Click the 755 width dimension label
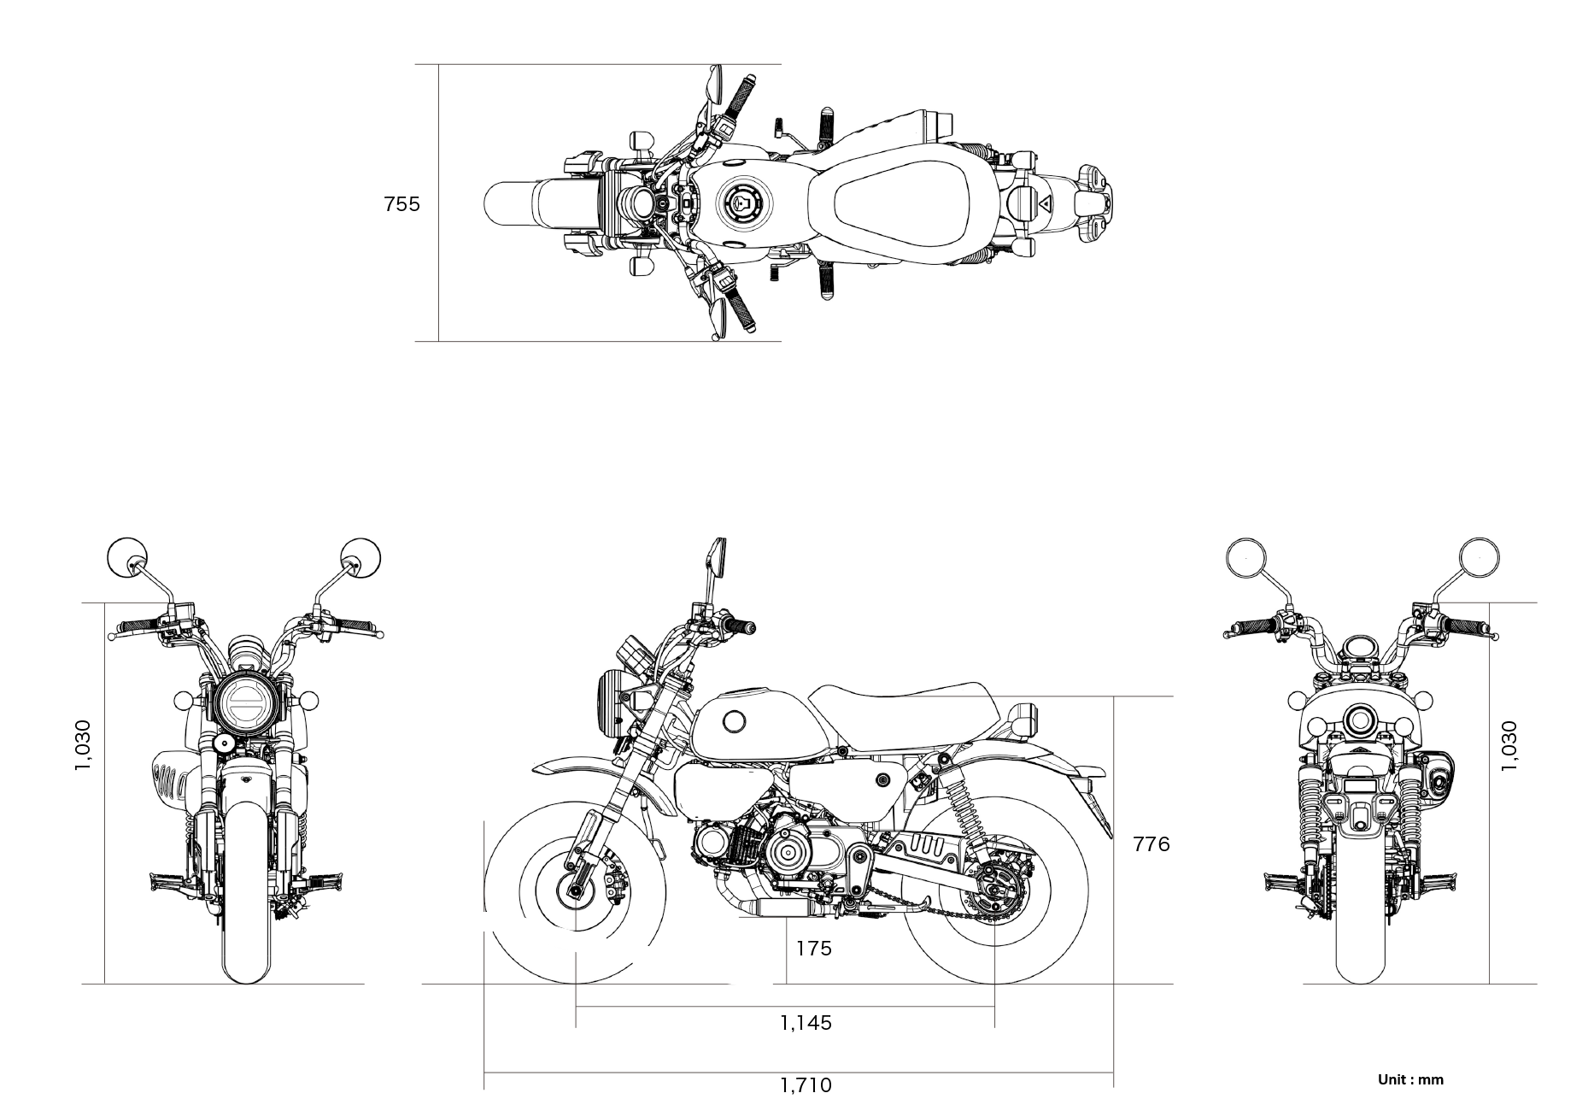(x=401, y=204)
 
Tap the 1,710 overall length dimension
(x=806, y=1085)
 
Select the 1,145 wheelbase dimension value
(x=806, y=1022)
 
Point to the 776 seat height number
(x=1151, y=844)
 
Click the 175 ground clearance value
(x=813, y=949)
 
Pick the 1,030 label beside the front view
(x=83, y=745)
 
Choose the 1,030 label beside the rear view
(x=1509, y=745)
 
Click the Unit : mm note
(x=1410, y=1080)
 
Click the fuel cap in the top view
(x=743, y=203)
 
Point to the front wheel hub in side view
(x=574, y=892)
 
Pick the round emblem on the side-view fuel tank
(x=734, y=722)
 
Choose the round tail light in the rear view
(x=1358, y=720)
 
